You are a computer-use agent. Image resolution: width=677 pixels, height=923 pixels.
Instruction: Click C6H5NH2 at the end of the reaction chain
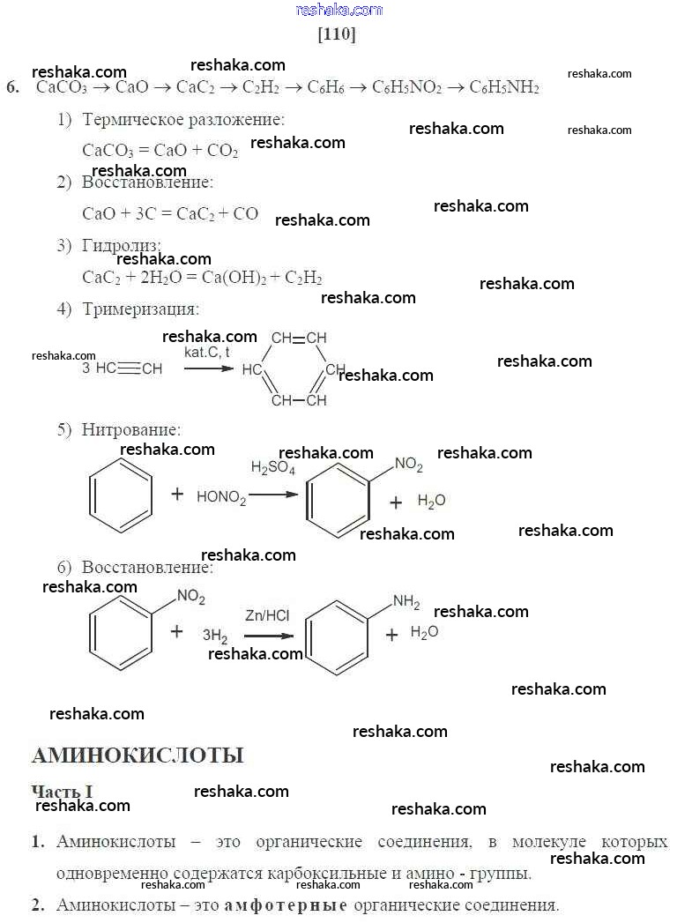(x=503, y=87)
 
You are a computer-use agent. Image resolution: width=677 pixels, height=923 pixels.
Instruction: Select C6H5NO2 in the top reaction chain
(x=406, y=87)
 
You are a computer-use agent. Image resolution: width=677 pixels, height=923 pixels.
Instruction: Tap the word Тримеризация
(x=140, y=309)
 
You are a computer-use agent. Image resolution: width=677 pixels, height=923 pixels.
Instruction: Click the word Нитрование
(x=131, y=430)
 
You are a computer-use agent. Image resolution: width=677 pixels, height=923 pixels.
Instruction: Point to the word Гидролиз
(x=122, y=245)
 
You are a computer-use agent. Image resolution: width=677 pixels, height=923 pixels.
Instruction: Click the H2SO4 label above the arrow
(x=272, y=468)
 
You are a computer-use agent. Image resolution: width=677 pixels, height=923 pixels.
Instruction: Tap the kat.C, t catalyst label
(x=207, y=352)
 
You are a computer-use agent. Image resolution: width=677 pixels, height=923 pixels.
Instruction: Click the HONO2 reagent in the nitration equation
(x=221, y=497)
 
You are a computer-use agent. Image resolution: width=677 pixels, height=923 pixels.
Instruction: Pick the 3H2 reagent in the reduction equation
(x=215, y=634)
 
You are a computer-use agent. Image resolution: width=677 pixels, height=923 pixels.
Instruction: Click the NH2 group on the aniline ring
(x=406, y=603)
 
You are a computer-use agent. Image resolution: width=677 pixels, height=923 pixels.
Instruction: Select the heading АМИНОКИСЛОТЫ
(x=138, y=756)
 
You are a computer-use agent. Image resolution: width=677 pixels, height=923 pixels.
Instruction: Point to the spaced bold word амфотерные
(x=286, y=905)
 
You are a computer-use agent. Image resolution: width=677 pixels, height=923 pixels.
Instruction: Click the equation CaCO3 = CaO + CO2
(x=160, y=150)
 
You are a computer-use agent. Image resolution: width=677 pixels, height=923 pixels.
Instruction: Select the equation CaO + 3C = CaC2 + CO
(x=170, y=213)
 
